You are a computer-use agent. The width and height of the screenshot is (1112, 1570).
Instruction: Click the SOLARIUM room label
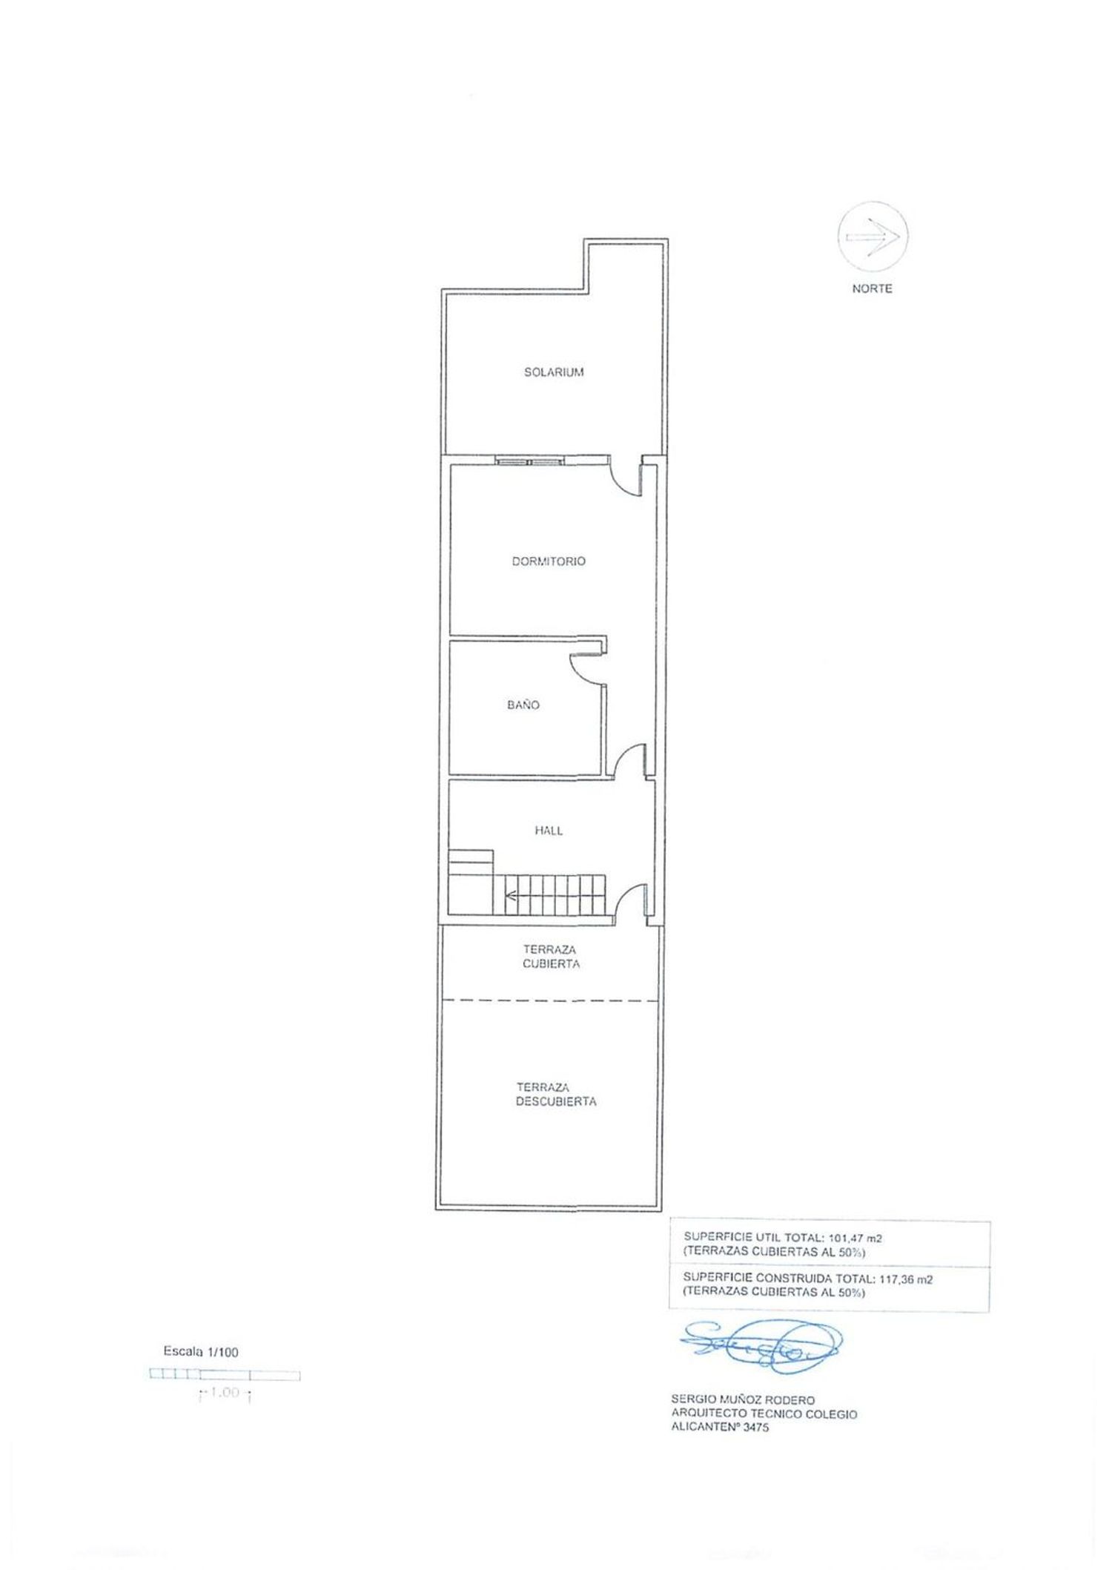pyautogui.click(x=554, y=372)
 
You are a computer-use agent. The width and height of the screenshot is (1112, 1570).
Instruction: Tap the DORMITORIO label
pyautogui.click(x=549, y=561)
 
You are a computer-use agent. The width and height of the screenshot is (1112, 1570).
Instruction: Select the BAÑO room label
pyautogui.click(x=523, y=705)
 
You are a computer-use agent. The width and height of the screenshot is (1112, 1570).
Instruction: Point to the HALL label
pyautogui.click(x=549, y=831)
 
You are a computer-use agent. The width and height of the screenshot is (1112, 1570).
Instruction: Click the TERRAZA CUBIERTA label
pyautogui.click(x=550, y=957)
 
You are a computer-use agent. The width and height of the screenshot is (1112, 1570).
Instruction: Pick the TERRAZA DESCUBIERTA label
pyautogui.click(x=556, y=1095)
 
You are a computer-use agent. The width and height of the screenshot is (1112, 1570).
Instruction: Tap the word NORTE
pyautogui.click(x=872, y=288)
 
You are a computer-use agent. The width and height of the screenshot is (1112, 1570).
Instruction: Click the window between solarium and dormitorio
pyautogui.click(x=530, y=461)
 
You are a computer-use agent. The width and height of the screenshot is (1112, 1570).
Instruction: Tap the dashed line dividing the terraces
pyautogui.click(x=550, y=1000)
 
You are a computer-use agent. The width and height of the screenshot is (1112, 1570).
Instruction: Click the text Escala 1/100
pyautogui.click(x=201, y=1352)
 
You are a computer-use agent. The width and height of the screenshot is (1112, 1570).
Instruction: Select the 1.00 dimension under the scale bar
pyautogui.click(x=225, y=1393)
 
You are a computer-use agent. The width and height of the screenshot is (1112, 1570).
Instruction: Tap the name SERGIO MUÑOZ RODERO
pyautogui.click(x=743, y=1400)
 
